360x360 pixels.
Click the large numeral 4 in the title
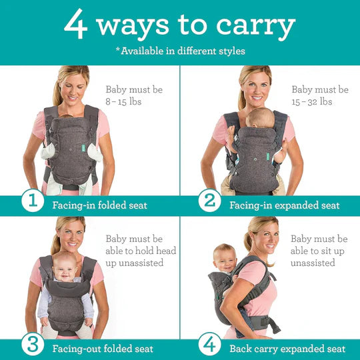77,25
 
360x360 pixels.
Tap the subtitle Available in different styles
180,51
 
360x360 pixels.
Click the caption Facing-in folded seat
100,205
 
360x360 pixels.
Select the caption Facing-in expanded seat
285,205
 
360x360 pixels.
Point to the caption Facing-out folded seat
103,349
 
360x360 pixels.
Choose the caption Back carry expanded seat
287,349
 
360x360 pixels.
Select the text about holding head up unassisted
133,251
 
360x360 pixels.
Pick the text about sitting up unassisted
319,251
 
